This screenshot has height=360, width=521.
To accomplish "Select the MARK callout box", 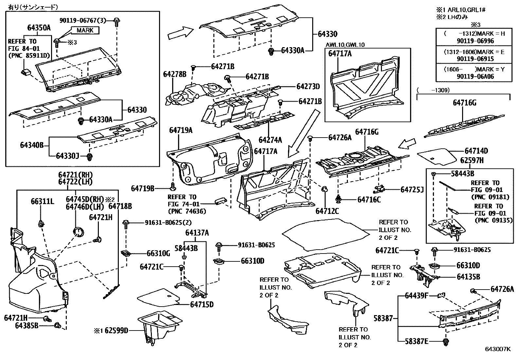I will [85, 30].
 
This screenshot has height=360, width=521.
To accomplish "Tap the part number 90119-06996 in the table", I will [474, 41].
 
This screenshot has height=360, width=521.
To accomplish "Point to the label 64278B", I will [175, 74].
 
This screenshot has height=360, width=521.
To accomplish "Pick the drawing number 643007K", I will [497, 349].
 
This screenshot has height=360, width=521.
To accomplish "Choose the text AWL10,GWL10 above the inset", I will [345, 45].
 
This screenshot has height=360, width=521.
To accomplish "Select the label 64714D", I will [476, 151].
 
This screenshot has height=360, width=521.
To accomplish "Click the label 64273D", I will [308, 86].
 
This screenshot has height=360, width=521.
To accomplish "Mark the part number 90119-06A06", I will [474, 76].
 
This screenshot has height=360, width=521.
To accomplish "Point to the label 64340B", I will [32, 145].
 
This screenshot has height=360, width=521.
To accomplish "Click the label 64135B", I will [468, 277].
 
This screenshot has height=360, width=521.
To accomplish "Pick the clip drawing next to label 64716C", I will [338, 198].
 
